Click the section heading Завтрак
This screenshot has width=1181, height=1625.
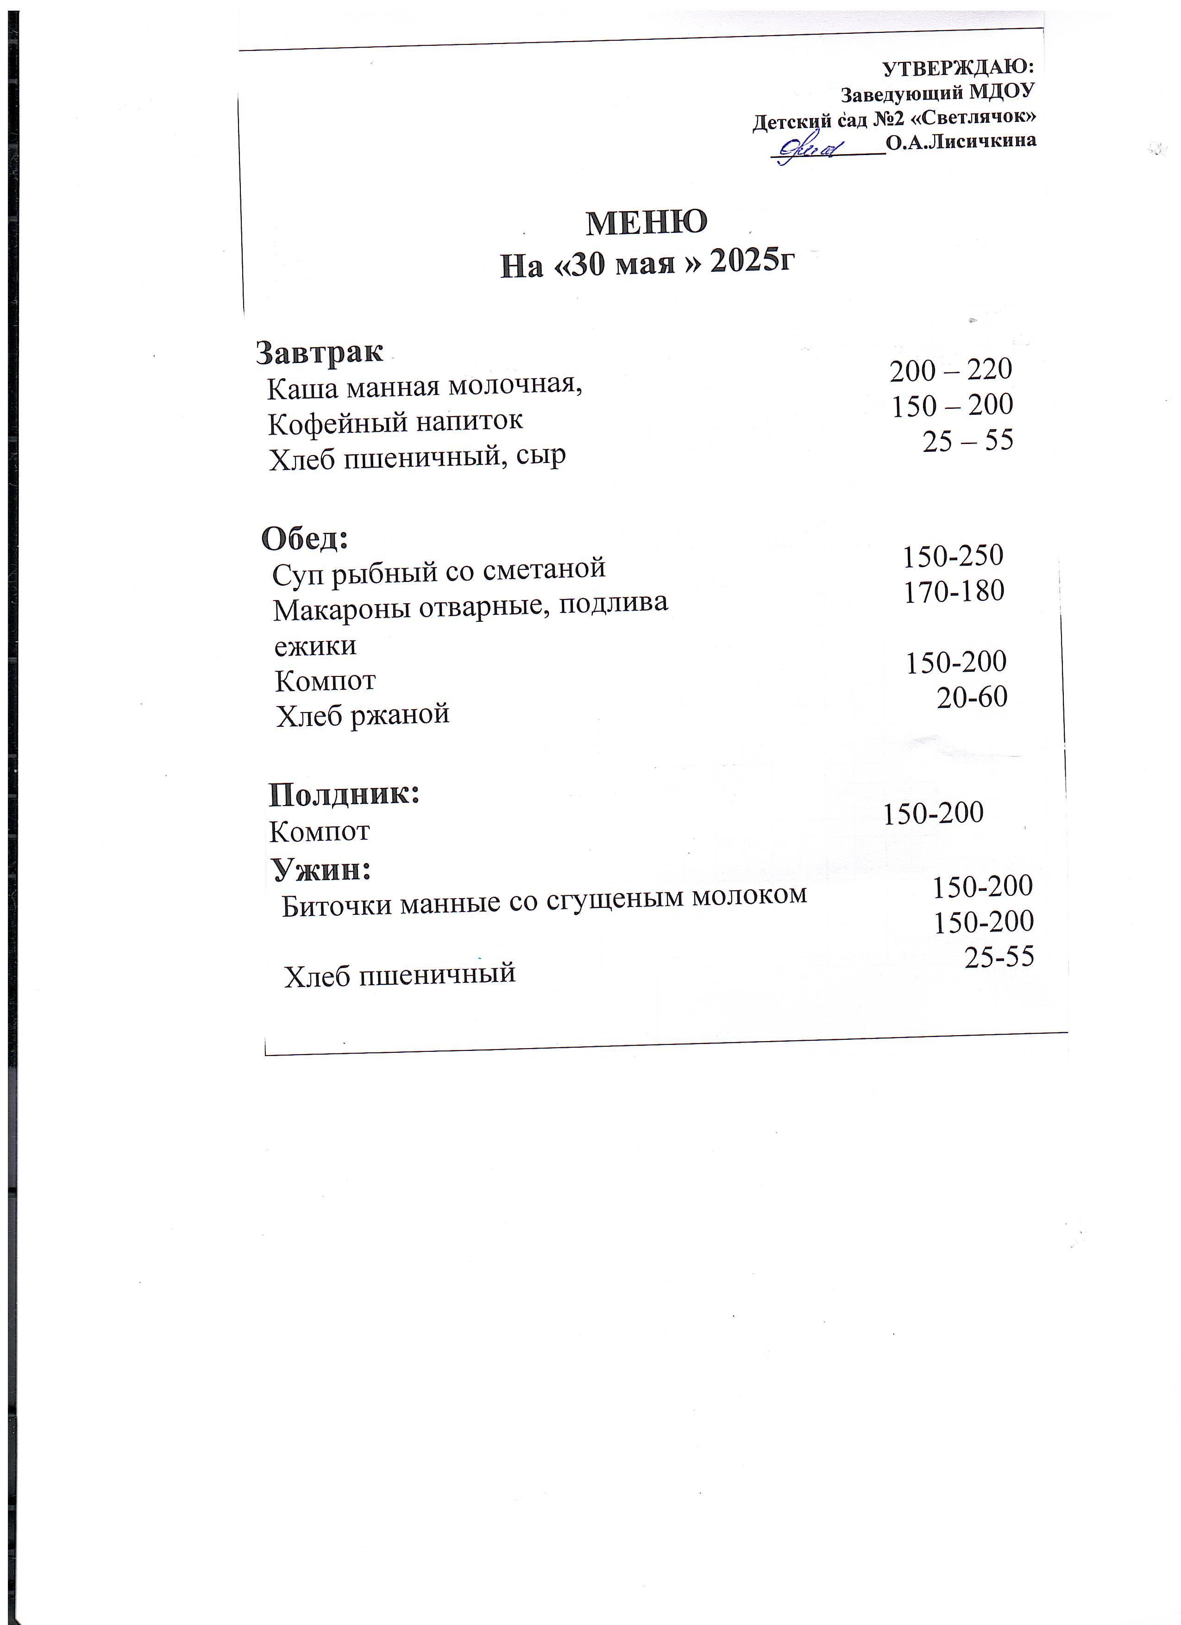pyautogui.click(x=320, y=352)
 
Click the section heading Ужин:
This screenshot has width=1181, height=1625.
pyautogui.click(x=321, y=870)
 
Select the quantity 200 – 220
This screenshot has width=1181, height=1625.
pyautogui.click(x=950, y=370)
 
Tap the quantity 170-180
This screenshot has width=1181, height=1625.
pyautogui.click(x=954, y=591)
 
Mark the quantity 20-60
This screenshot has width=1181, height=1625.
pyautogui.click(x=972, y=696)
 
